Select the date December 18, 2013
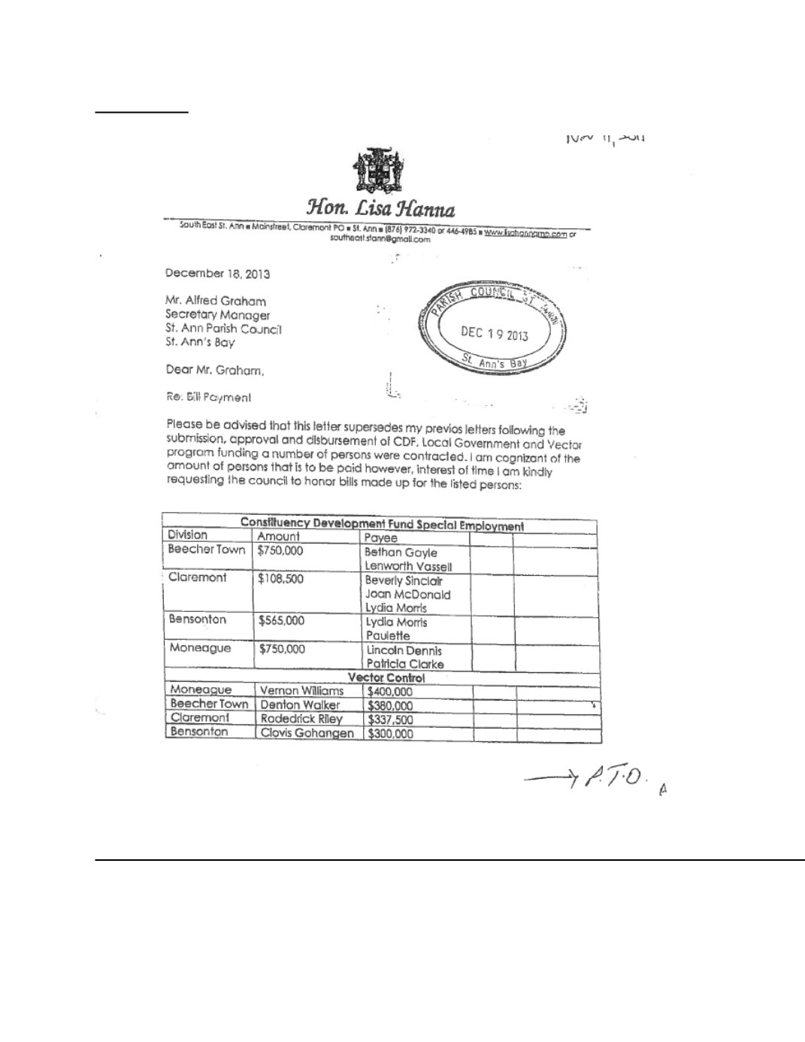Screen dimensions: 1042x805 217,274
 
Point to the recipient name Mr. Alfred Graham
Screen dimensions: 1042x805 215,301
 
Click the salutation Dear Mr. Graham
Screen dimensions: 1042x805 214,370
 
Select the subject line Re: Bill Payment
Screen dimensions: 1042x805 208,397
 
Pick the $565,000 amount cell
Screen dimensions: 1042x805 280,621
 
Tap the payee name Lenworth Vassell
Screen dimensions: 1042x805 407,566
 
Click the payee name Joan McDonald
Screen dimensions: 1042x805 407,594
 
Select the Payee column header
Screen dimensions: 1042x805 380,538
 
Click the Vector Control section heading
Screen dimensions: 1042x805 397,677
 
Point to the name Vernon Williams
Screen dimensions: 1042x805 301,691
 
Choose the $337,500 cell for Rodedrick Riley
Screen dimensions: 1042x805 390,719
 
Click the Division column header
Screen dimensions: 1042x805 187,535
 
